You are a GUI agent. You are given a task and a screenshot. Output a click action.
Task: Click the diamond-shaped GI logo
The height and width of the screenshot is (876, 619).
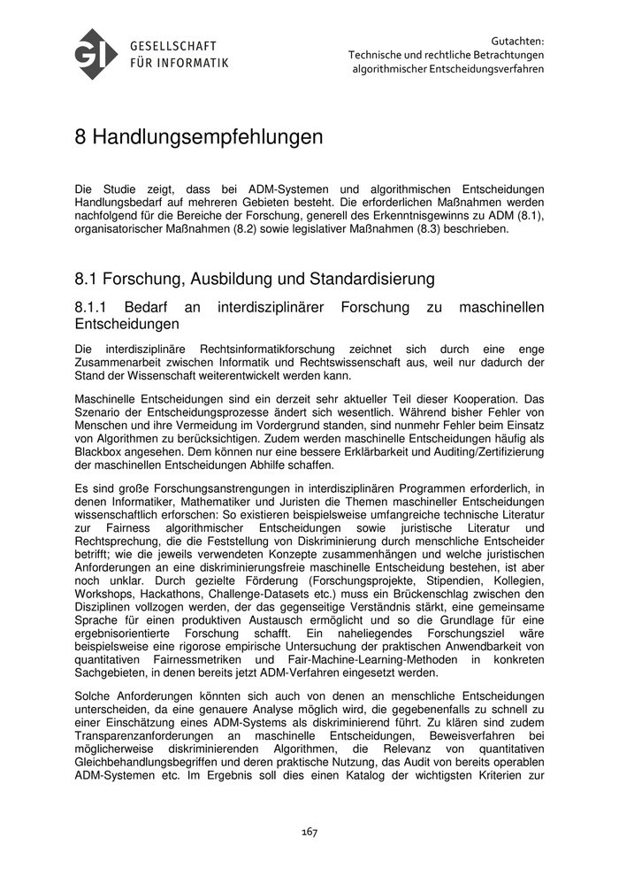tap(97, 54)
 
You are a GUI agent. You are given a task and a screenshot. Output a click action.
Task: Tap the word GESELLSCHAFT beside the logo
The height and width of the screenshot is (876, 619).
tap(173, 45)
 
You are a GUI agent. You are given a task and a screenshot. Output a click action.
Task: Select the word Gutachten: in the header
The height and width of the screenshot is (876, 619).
tap(516, 40)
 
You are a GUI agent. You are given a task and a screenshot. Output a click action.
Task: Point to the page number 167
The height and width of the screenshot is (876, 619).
tap(309, 832)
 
